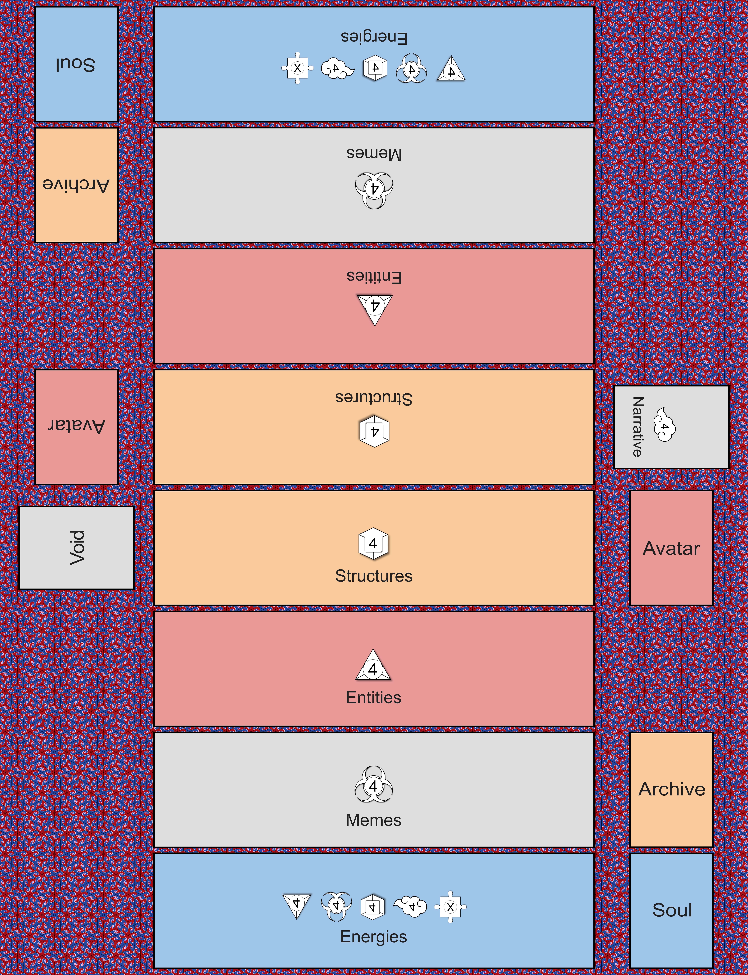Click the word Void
click(x=77, y=548)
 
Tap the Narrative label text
click(x=638, y=427)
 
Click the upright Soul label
click(x=672, y=910)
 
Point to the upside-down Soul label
click(x=76, y=64)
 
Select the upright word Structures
click(x=374, y=576)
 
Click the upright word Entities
click(x=374, y=697)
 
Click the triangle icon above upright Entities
click(x=373, y=666)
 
